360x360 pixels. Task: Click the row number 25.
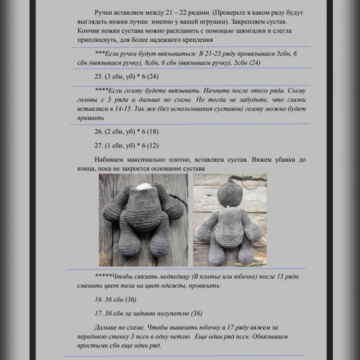99,77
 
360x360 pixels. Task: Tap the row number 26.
99,131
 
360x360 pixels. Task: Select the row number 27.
99,145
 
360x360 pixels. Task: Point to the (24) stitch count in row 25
152,77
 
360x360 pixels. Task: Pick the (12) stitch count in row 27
152,145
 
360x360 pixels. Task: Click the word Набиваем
112,159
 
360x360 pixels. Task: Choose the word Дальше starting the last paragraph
107,327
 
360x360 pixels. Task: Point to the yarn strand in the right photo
250,181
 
